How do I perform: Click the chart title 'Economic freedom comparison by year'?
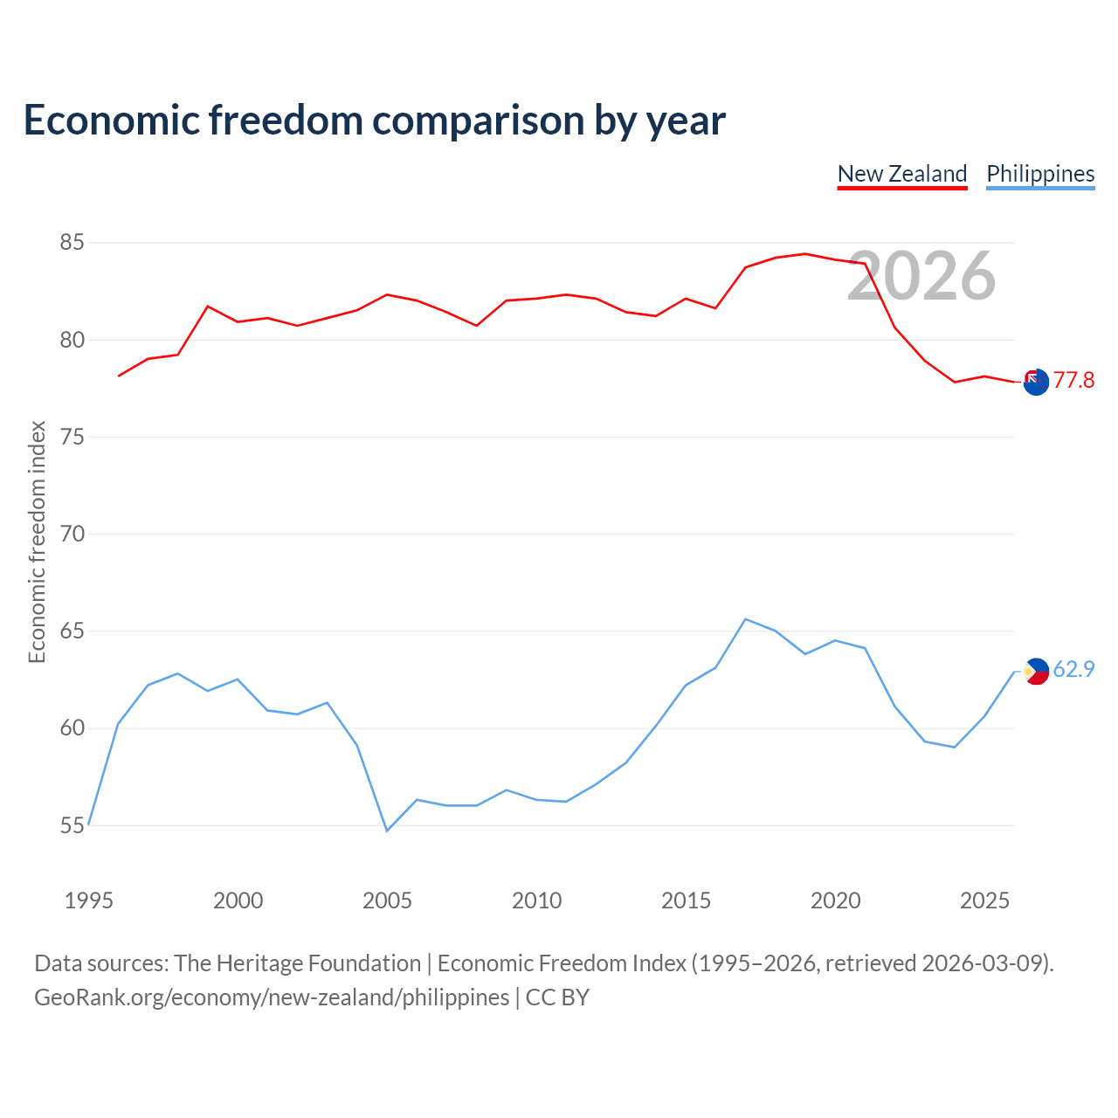coord(374,121)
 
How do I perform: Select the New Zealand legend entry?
coord(902,175)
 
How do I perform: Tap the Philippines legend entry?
coord(1040,175)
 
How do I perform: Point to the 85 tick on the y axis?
coord(72,243)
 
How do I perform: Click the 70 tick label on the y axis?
coord(72,534)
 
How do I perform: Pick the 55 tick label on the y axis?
coord(72,825)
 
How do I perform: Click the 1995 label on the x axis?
coord(89,901)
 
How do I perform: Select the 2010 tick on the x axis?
coord(536,901)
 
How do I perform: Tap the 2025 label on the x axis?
coord(984,901)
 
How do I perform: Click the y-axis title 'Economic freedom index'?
coord(38,542)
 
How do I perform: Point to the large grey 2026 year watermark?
coord(921,276)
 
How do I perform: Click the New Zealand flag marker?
coord(1036,382)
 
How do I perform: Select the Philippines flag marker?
coord(1036,672)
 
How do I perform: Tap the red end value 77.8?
coord(1073,381)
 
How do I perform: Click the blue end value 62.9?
coord(1073,670)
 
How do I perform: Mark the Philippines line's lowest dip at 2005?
coord(387,831)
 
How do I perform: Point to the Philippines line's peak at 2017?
coord(746,619)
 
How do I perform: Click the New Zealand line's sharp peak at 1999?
coord(208,307)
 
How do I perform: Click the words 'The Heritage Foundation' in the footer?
coord(298,963)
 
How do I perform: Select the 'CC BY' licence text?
coord(557,998)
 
